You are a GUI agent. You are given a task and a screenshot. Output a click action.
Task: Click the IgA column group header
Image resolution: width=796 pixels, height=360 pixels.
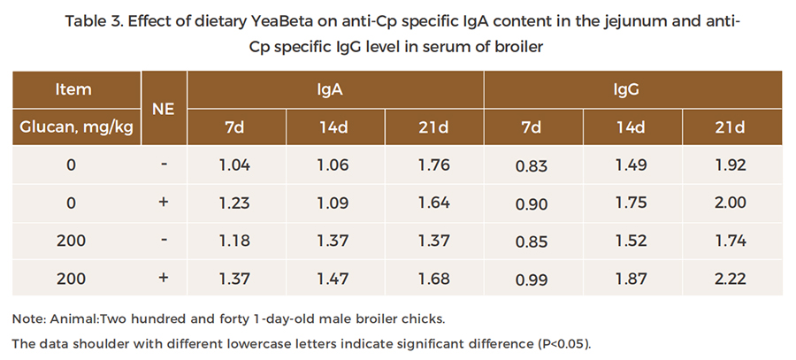coord(335,89)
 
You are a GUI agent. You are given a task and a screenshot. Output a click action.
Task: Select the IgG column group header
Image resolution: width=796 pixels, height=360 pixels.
coord(631,89)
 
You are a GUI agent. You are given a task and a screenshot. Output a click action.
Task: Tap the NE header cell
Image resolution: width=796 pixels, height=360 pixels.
coord(163,108)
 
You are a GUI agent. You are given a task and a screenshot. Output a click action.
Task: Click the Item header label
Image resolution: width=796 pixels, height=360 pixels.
coord(73,89)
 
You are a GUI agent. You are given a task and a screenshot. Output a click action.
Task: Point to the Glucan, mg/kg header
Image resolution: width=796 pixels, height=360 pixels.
coord(77,126)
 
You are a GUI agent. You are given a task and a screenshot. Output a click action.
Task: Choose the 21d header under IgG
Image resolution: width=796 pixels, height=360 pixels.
coord(730,126)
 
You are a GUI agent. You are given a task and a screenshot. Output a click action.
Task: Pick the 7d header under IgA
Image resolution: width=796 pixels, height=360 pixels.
coord(234,126)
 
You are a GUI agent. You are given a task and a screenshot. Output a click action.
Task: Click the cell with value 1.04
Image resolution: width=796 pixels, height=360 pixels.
coord(234,165)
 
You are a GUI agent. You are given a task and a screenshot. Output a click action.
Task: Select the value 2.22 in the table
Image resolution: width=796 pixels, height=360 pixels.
coord(730,279)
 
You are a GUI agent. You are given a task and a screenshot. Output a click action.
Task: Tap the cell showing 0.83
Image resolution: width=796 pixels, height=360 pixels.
coord(532,165)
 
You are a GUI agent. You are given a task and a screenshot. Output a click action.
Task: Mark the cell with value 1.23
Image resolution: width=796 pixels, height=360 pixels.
coord(234,203)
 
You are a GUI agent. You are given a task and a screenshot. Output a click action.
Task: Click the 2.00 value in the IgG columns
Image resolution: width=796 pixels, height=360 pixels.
coord(730,203)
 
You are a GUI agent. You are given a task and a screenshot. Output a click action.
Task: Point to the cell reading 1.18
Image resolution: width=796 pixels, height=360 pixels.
coord(234,241)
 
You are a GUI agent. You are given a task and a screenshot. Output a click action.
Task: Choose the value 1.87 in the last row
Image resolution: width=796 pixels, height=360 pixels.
coord(630,279)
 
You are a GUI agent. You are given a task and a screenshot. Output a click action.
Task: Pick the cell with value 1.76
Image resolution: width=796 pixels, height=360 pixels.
coord(433,165)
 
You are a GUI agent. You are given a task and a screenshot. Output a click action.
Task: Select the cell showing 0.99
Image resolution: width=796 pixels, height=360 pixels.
coord(532,280)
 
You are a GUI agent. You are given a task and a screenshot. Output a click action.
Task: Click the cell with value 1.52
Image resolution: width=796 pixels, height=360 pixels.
coord(630,241)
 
